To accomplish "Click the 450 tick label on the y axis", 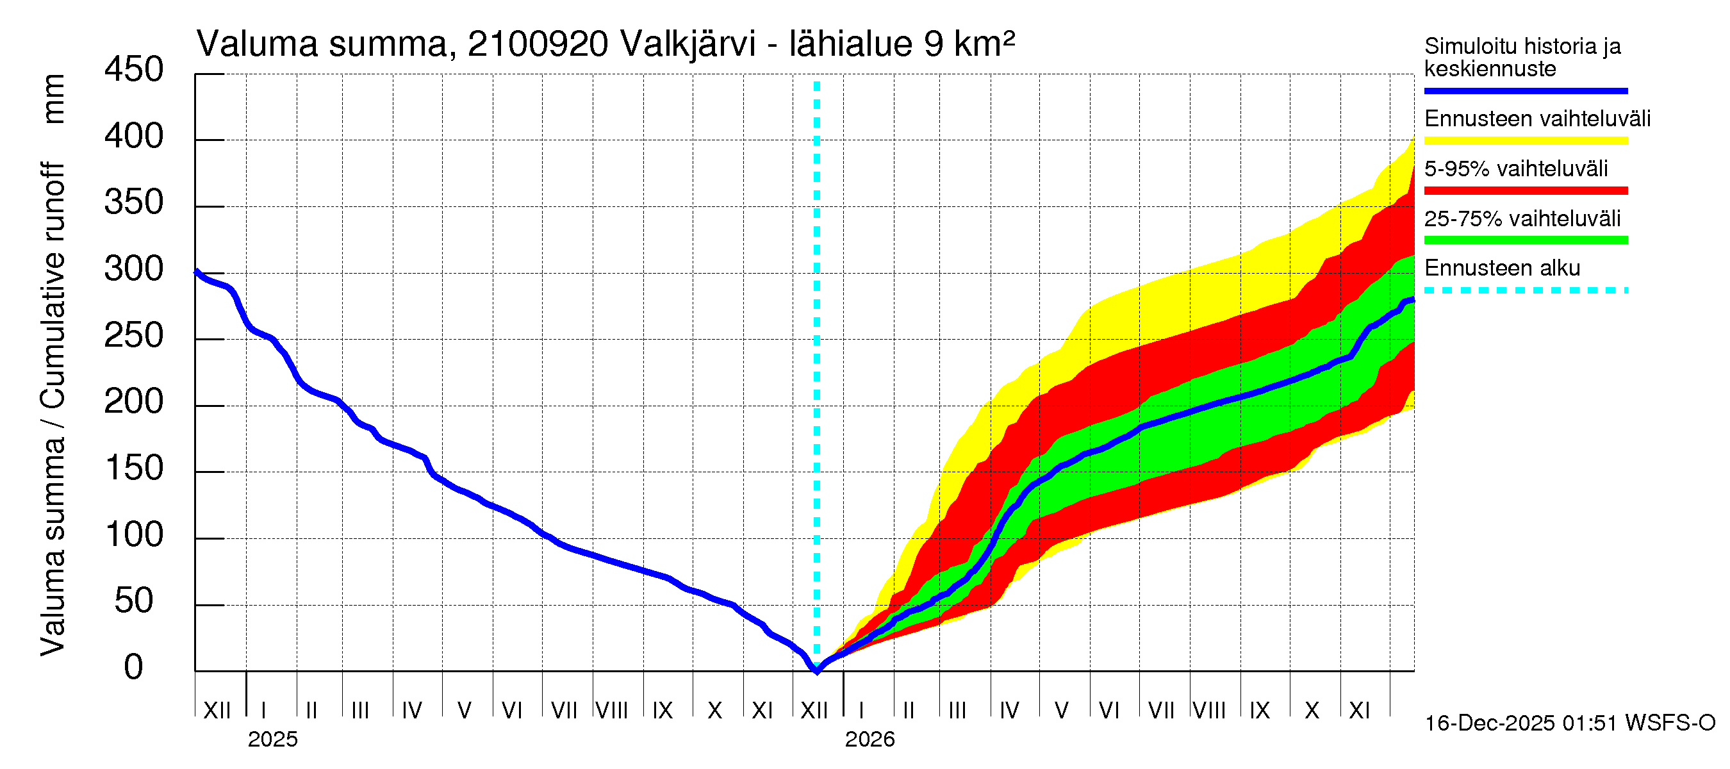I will coord(134,70).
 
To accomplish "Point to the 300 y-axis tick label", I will coord(134,269).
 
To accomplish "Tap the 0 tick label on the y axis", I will coord(134,668).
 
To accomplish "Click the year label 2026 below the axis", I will coord(869,740).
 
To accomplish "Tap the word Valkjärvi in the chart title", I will coord(688,44).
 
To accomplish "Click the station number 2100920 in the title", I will coord(538,44).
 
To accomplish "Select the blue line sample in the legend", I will coord(1525,90).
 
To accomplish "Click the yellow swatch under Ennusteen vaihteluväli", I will coord(1525,141).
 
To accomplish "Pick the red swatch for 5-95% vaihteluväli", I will coord(1525,191).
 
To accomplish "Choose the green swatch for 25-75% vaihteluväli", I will coord(1525,240).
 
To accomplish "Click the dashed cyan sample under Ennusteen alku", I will coord(1525,291).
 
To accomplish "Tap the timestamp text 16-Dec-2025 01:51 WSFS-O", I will coord(1569,724).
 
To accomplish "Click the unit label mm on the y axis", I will coord(54,99).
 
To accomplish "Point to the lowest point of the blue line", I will coord(817,670).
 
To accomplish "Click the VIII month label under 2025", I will coord(612,711).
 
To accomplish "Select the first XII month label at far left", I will coord(217,711).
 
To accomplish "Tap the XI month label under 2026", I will coord(1358,711).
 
